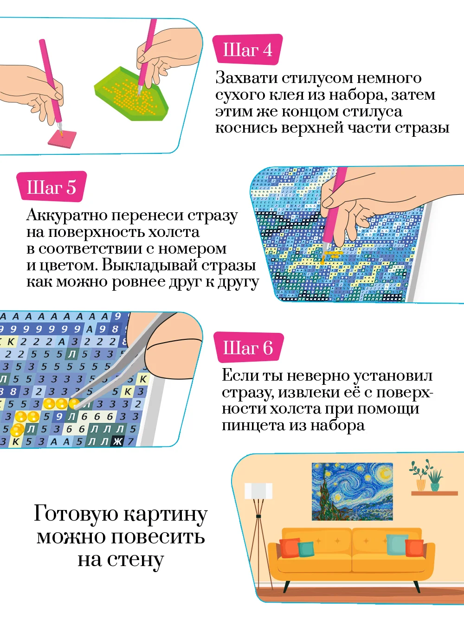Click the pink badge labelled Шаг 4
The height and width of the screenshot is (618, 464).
click(247, 50)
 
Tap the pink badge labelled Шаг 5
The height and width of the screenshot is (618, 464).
click(52, 187)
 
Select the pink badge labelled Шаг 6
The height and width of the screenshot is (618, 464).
click(249, 347)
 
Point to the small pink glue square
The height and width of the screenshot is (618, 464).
click(62, 139)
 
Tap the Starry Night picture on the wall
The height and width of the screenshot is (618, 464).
click(352, 491)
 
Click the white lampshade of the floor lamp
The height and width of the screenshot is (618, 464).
click(258, 491)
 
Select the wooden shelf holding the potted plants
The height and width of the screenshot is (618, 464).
click(434, 493)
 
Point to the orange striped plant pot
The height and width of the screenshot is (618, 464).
click(421, 485)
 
